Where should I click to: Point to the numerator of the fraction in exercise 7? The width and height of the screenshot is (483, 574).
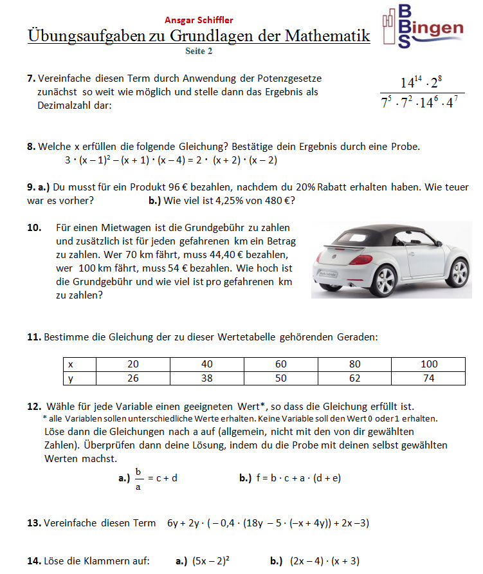[x=421, y=82]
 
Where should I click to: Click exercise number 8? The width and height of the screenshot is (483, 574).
[x=31, y=147]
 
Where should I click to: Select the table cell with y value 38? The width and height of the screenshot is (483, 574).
[x=206, y=378]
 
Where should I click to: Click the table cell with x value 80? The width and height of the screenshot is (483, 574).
[x=355, y=364]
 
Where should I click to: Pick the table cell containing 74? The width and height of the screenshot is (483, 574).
[x=429, y=378]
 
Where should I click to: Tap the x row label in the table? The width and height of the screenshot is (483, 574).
[x=70, y=364]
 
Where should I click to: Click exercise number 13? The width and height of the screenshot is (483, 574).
[x=33, y=523]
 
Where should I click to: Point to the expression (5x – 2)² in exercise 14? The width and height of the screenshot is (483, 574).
[x=212, y=561]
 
